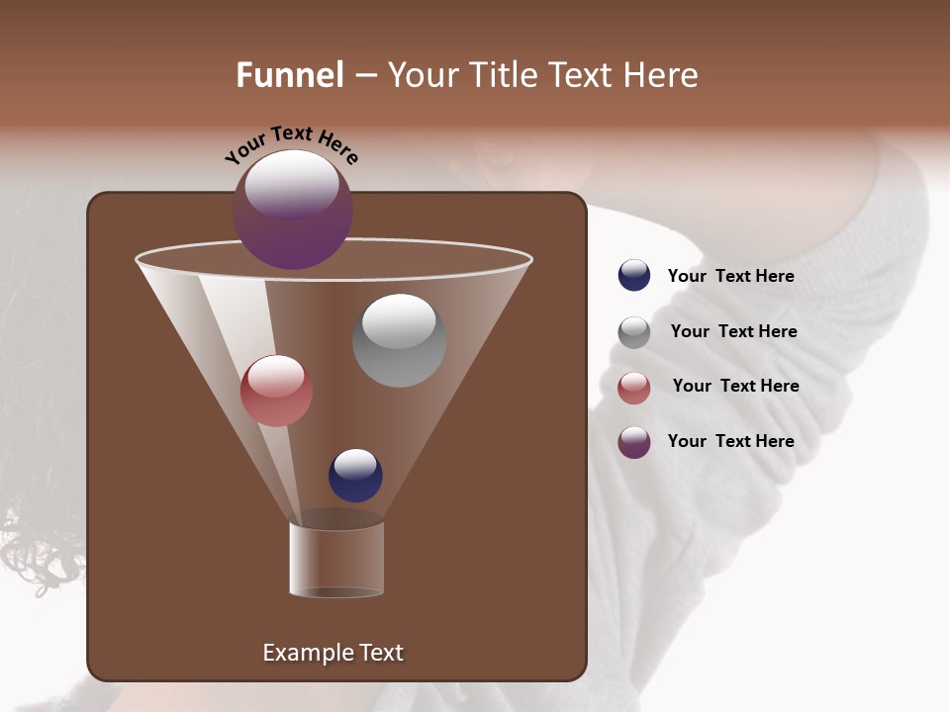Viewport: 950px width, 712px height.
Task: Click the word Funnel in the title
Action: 289,75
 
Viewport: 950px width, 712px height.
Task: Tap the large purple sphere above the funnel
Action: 292,211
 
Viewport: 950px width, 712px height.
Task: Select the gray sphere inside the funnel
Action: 399,340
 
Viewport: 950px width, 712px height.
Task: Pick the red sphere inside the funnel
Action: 276,391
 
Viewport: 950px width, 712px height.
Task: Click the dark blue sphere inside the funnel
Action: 355,475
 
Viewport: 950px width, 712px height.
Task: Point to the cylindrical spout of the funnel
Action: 335,560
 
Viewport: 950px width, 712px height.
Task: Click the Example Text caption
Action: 332,653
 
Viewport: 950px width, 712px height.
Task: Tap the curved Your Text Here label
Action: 291,145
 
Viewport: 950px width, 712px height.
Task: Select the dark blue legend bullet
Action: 633,276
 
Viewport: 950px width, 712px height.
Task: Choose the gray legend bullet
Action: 633,332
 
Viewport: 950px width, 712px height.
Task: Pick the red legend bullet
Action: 633,388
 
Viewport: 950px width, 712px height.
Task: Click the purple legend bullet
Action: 633,442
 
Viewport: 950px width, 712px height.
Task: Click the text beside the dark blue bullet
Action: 730,276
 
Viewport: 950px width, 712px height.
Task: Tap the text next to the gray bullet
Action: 733,331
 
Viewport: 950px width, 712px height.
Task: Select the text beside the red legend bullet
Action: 735,386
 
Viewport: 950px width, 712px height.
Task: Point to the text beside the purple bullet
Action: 730,441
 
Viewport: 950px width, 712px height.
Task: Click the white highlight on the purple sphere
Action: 291,183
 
